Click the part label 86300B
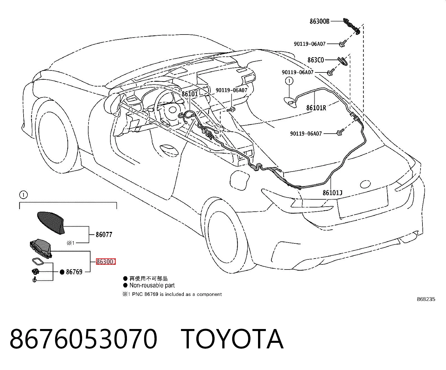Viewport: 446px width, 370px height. [320, 21]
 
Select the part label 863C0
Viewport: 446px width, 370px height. [316, 60]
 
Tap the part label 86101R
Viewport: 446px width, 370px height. [316, 108]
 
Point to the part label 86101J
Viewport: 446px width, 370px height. [332, 193]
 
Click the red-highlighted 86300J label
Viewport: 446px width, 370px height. [106, 261]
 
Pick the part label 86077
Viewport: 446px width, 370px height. [104, 235]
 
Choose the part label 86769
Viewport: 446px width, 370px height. [74, 272]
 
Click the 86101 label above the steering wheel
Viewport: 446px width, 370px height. [190, 94]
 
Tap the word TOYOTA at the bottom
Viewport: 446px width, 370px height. [232, 339]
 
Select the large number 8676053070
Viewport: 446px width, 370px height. [83, 339]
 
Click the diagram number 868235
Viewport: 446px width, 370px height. [426, 299]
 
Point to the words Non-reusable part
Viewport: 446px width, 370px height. [152, 285]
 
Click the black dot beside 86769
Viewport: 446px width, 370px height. [62, 272]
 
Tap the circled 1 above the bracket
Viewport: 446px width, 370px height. [23, 195]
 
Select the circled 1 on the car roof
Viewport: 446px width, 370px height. [289, 81]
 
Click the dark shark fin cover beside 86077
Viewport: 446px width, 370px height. [51, 223]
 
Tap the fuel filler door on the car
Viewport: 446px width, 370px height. [240, 179]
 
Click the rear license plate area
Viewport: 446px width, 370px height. [363, 202]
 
